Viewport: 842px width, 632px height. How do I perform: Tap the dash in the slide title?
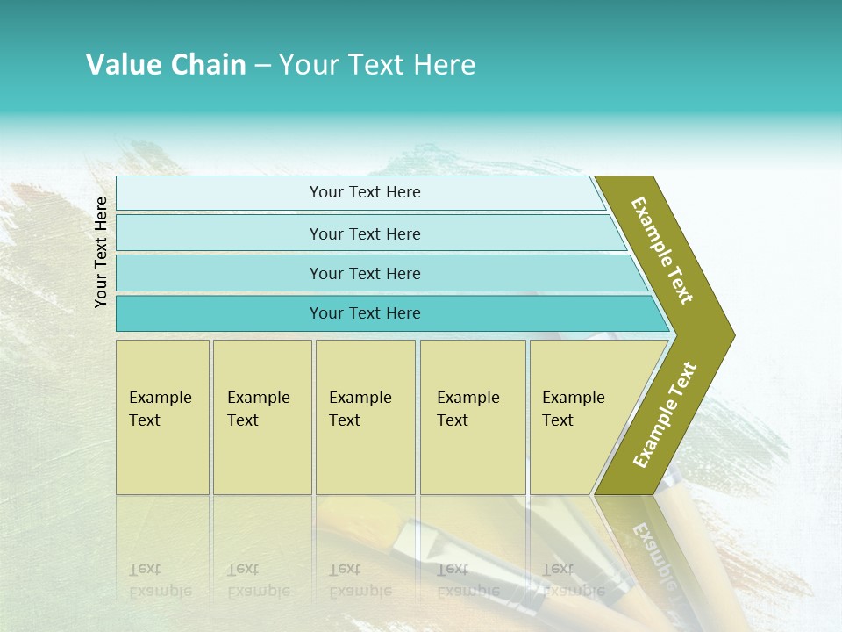[x=262, y=66]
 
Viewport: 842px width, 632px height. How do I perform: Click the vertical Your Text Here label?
[x=102, y=252]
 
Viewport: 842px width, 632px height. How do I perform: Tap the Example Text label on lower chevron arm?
[x=665, y=414]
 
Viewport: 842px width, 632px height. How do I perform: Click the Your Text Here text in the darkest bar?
[x=365, y=313]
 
